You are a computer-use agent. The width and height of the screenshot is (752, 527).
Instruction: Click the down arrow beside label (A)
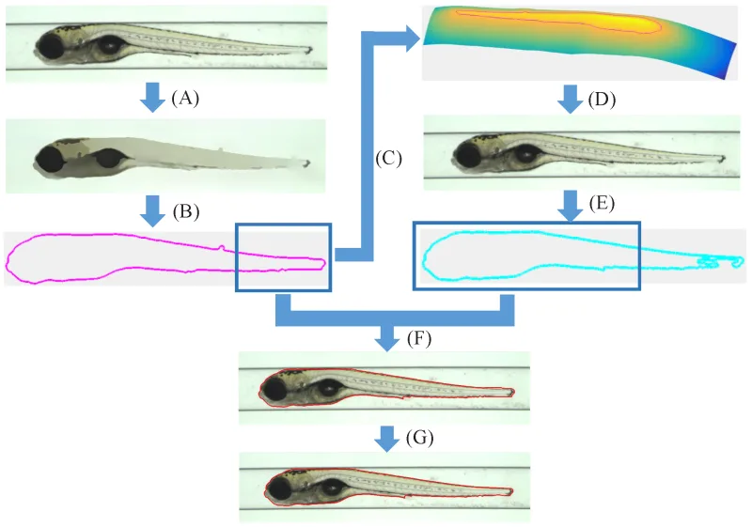(151, 97)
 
